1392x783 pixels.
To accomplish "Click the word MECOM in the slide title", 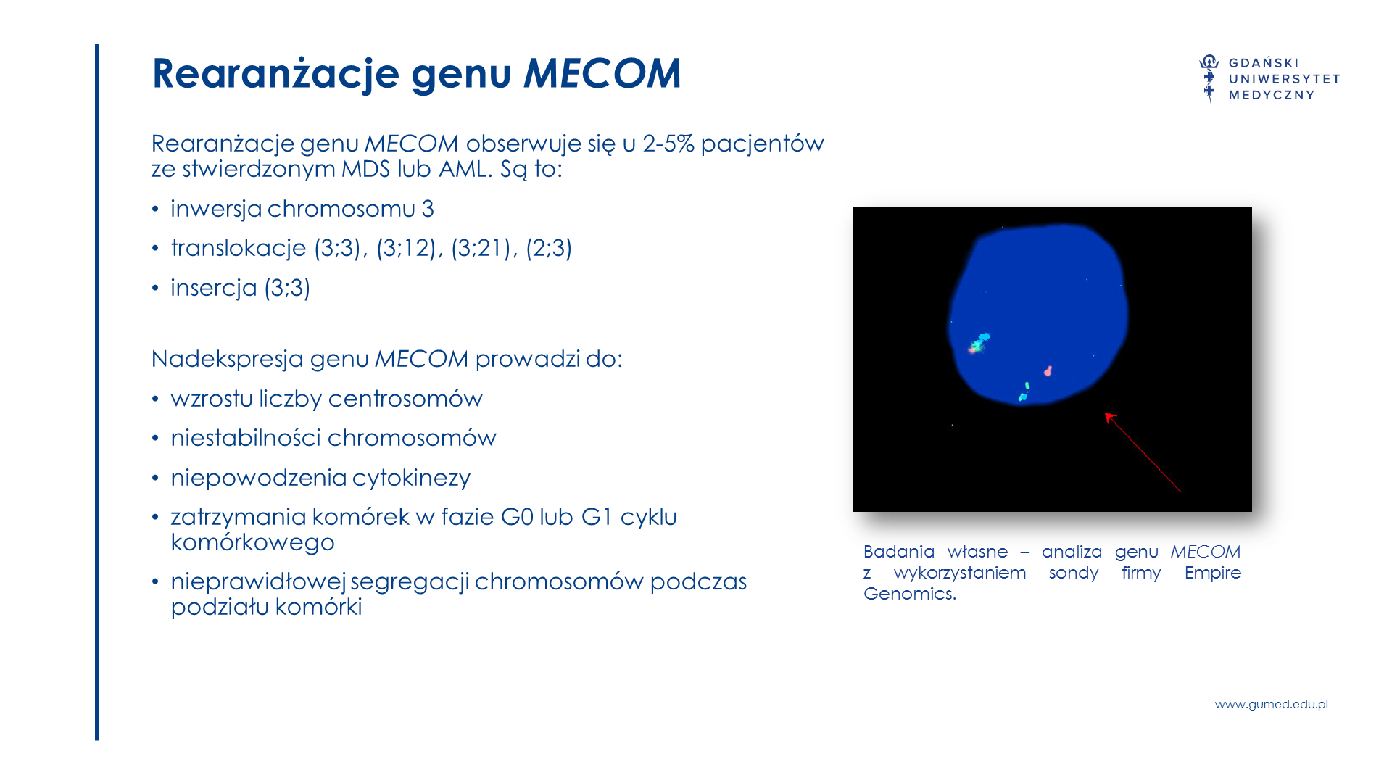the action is [x=602, y=73].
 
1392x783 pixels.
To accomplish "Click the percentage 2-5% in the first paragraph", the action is [x=668, y=144].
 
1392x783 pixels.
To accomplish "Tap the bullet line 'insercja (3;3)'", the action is [x=241, y=288].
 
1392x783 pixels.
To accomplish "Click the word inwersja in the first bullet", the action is [x=216, y=210].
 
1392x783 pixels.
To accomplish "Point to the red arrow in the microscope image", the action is [x=1143, y=452].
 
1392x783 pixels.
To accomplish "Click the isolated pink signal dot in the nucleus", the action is [x=1048, y=371].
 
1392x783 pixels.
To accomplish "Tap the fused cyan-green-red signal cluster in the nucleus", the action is [x=978, y=343].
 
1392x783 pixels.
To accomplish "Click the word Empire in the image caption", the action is [x=1213, y=573].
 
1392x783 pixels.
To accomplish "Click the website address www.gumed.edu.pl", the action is [x=1272, y=704].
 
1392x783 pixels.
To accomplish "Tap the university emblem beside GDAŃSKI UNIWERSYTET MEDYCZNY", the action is [x=1209, y=78].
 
